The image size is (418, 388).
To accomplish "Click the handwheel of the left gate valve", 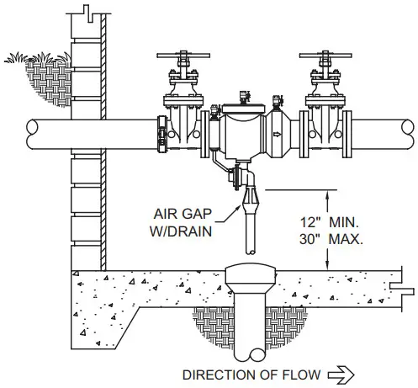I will click(183, 59).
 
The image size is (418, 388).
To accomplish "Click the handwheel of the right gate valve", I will click(323, 59).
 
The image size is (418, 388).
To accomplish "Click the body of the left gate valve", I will click(183, 126).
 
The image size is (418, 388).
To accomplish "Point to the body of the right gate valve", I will click(323, 126).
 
